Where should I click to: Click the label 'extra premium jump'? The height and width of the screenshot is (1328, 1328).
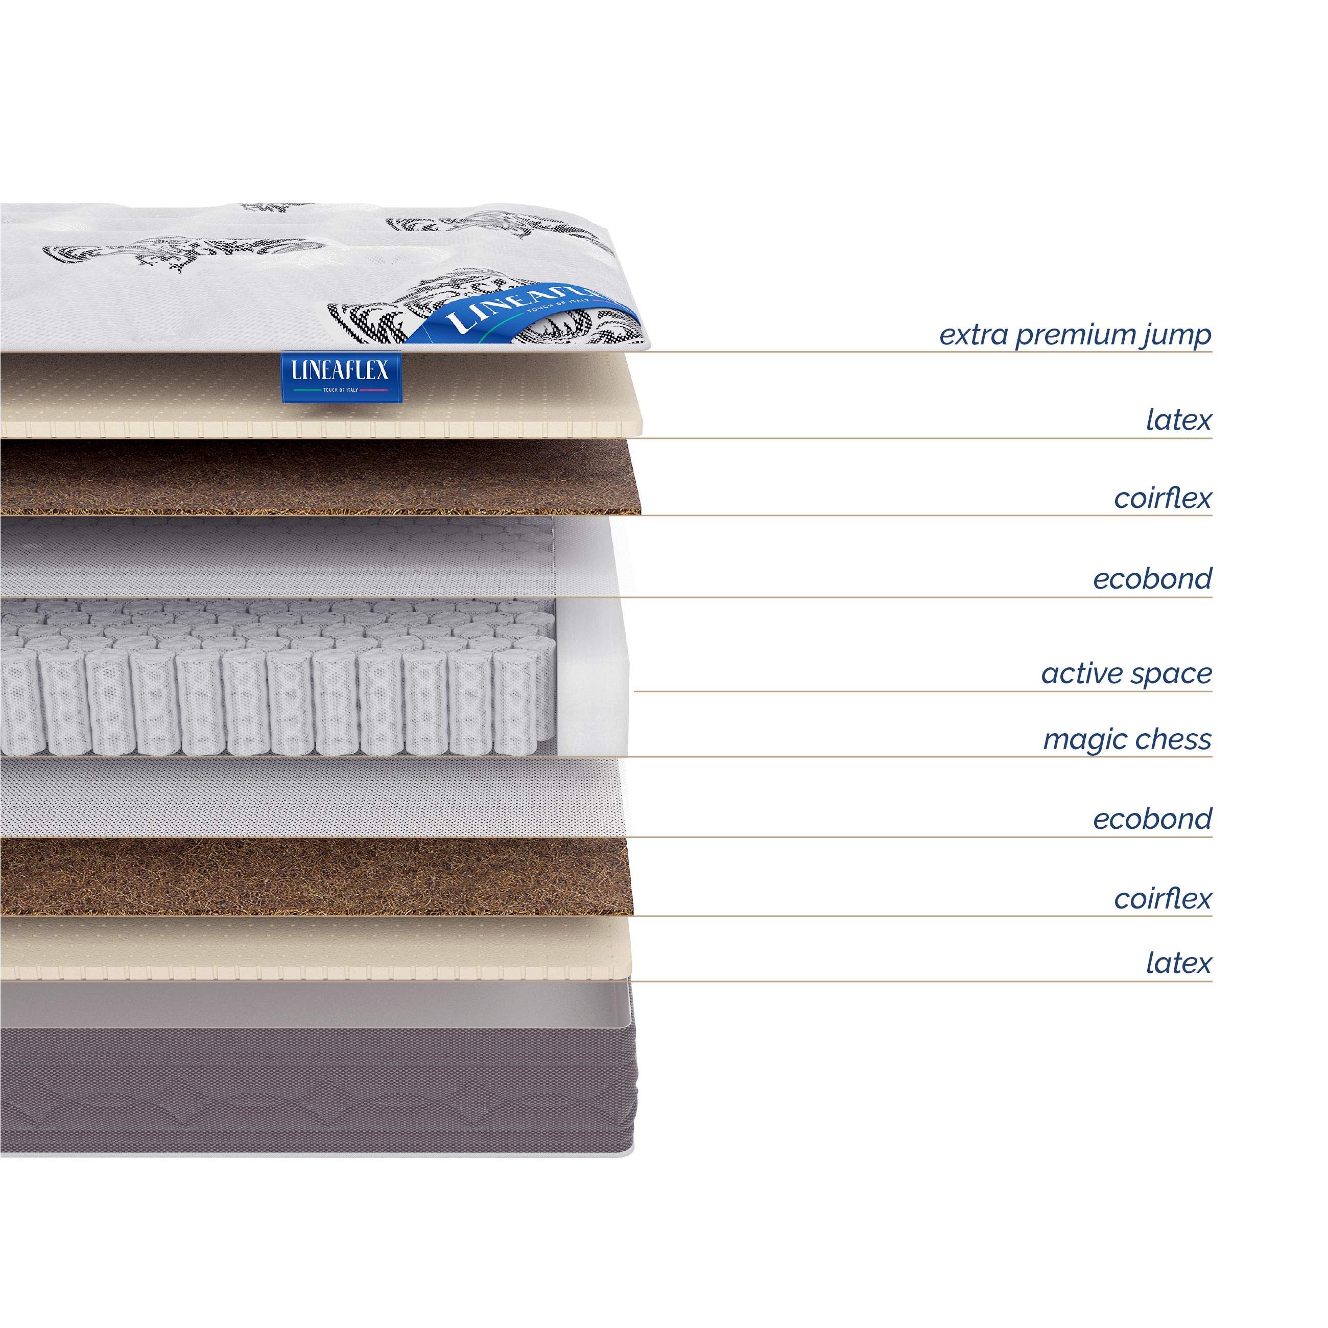tap(1075, 336)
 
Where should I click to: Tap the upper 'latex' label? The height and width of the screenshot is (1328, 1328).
tap(1178, 420)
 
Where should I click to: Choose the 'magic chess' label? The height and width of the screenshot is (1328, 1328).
tap(1127, 740)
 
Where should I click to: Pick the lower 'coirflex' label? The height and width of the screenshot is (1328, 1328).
tap(1163, 898)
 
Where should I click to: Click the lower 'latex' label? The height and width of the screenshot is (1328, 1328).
tap(1178, 963)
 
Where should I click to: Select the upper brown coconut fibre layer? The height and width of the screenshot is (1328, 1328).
tap(316, 477)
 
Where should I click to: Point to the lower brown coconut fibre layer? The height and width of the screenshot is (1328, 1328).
tap(316, 876)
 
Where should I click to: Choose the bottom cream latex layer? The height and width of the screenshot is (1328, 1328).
tap(316, 948)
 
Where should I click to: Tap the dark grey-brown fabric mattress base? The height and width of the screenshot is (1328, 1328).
tap(316, 1093)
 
